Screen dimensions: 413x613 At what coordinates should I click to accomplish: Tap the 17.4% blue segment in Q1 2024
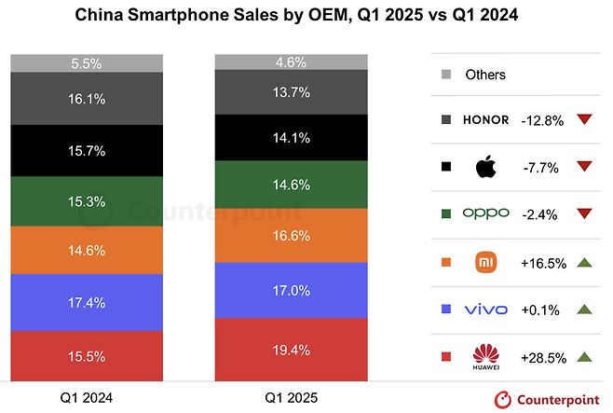[x=88, y=302]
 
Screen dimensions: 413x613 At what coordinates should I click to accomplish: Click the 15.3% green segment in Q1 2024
[x=88, y=202]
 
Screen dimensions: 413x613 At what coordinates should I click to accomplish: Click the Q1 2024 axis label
[x=88, y=397]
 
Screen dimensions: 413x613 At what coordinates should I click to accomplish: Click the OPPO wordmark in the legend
[x=486, y=214]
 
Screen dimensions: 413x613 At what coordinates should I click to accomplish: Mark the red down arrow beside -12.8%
[x=584, y=119]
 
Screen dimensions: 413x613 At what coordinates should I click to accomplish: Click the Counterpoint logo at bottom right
[x=548, y=398]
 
